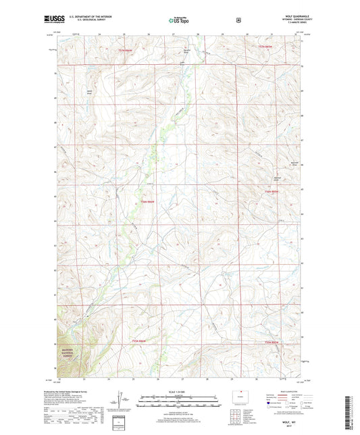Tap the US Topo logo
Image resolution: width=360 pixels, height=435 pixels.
(179, 20)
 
